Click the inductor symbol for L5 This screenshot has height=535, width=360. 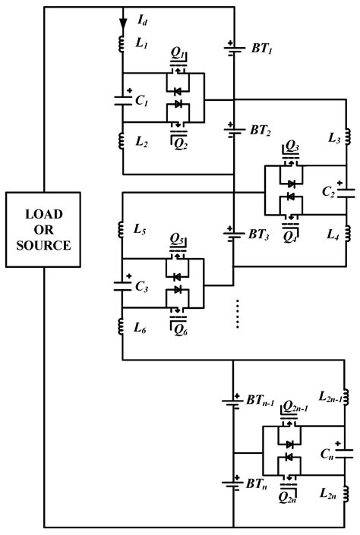pyautogui.click(x=122, y=230)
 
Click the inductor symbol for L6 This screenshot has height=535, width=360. pyautogui.click(x=122, y=327)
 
